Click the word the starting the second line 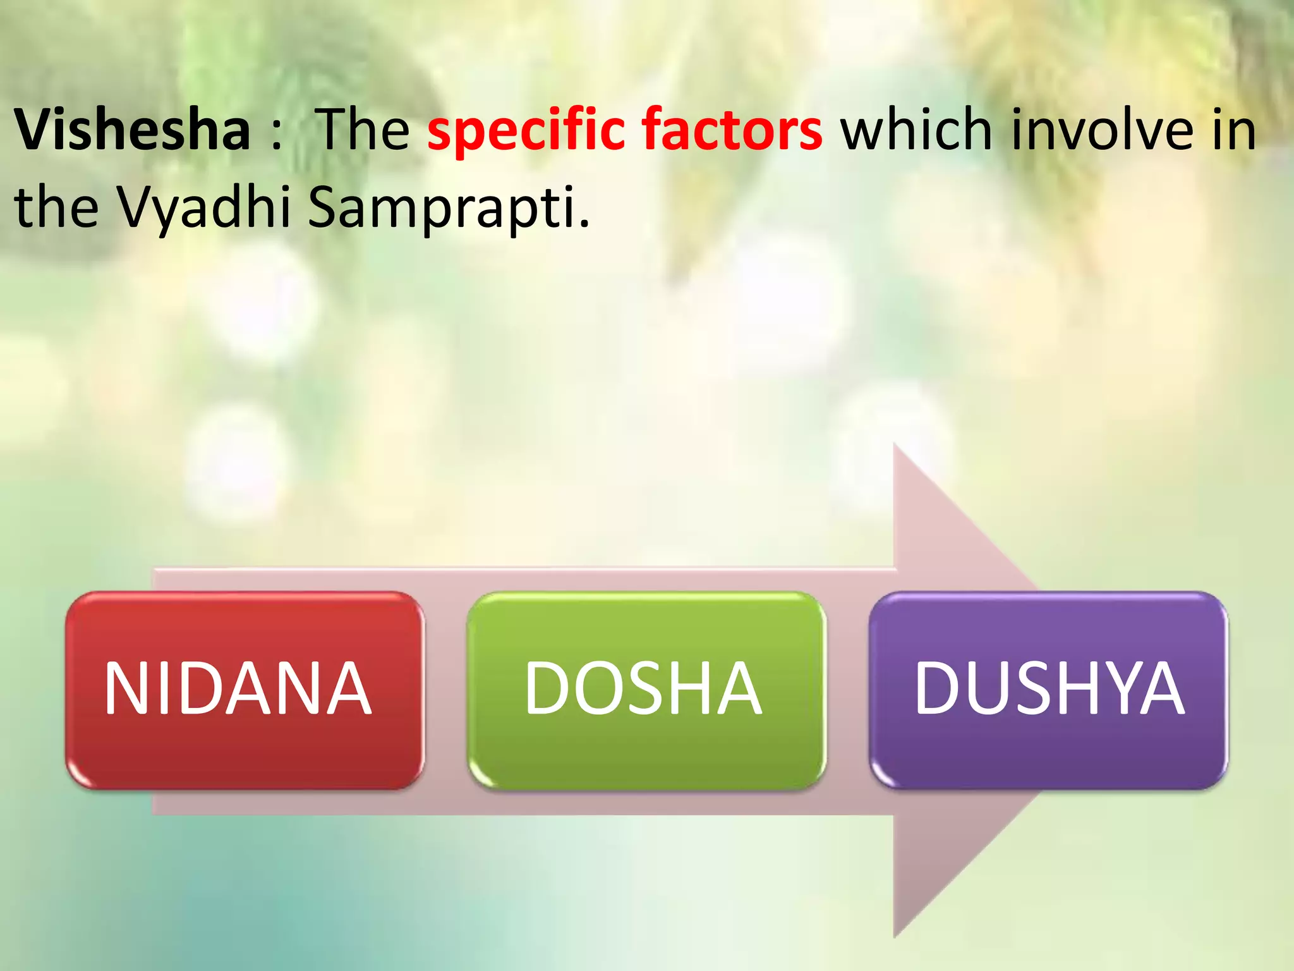point(57,207)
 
